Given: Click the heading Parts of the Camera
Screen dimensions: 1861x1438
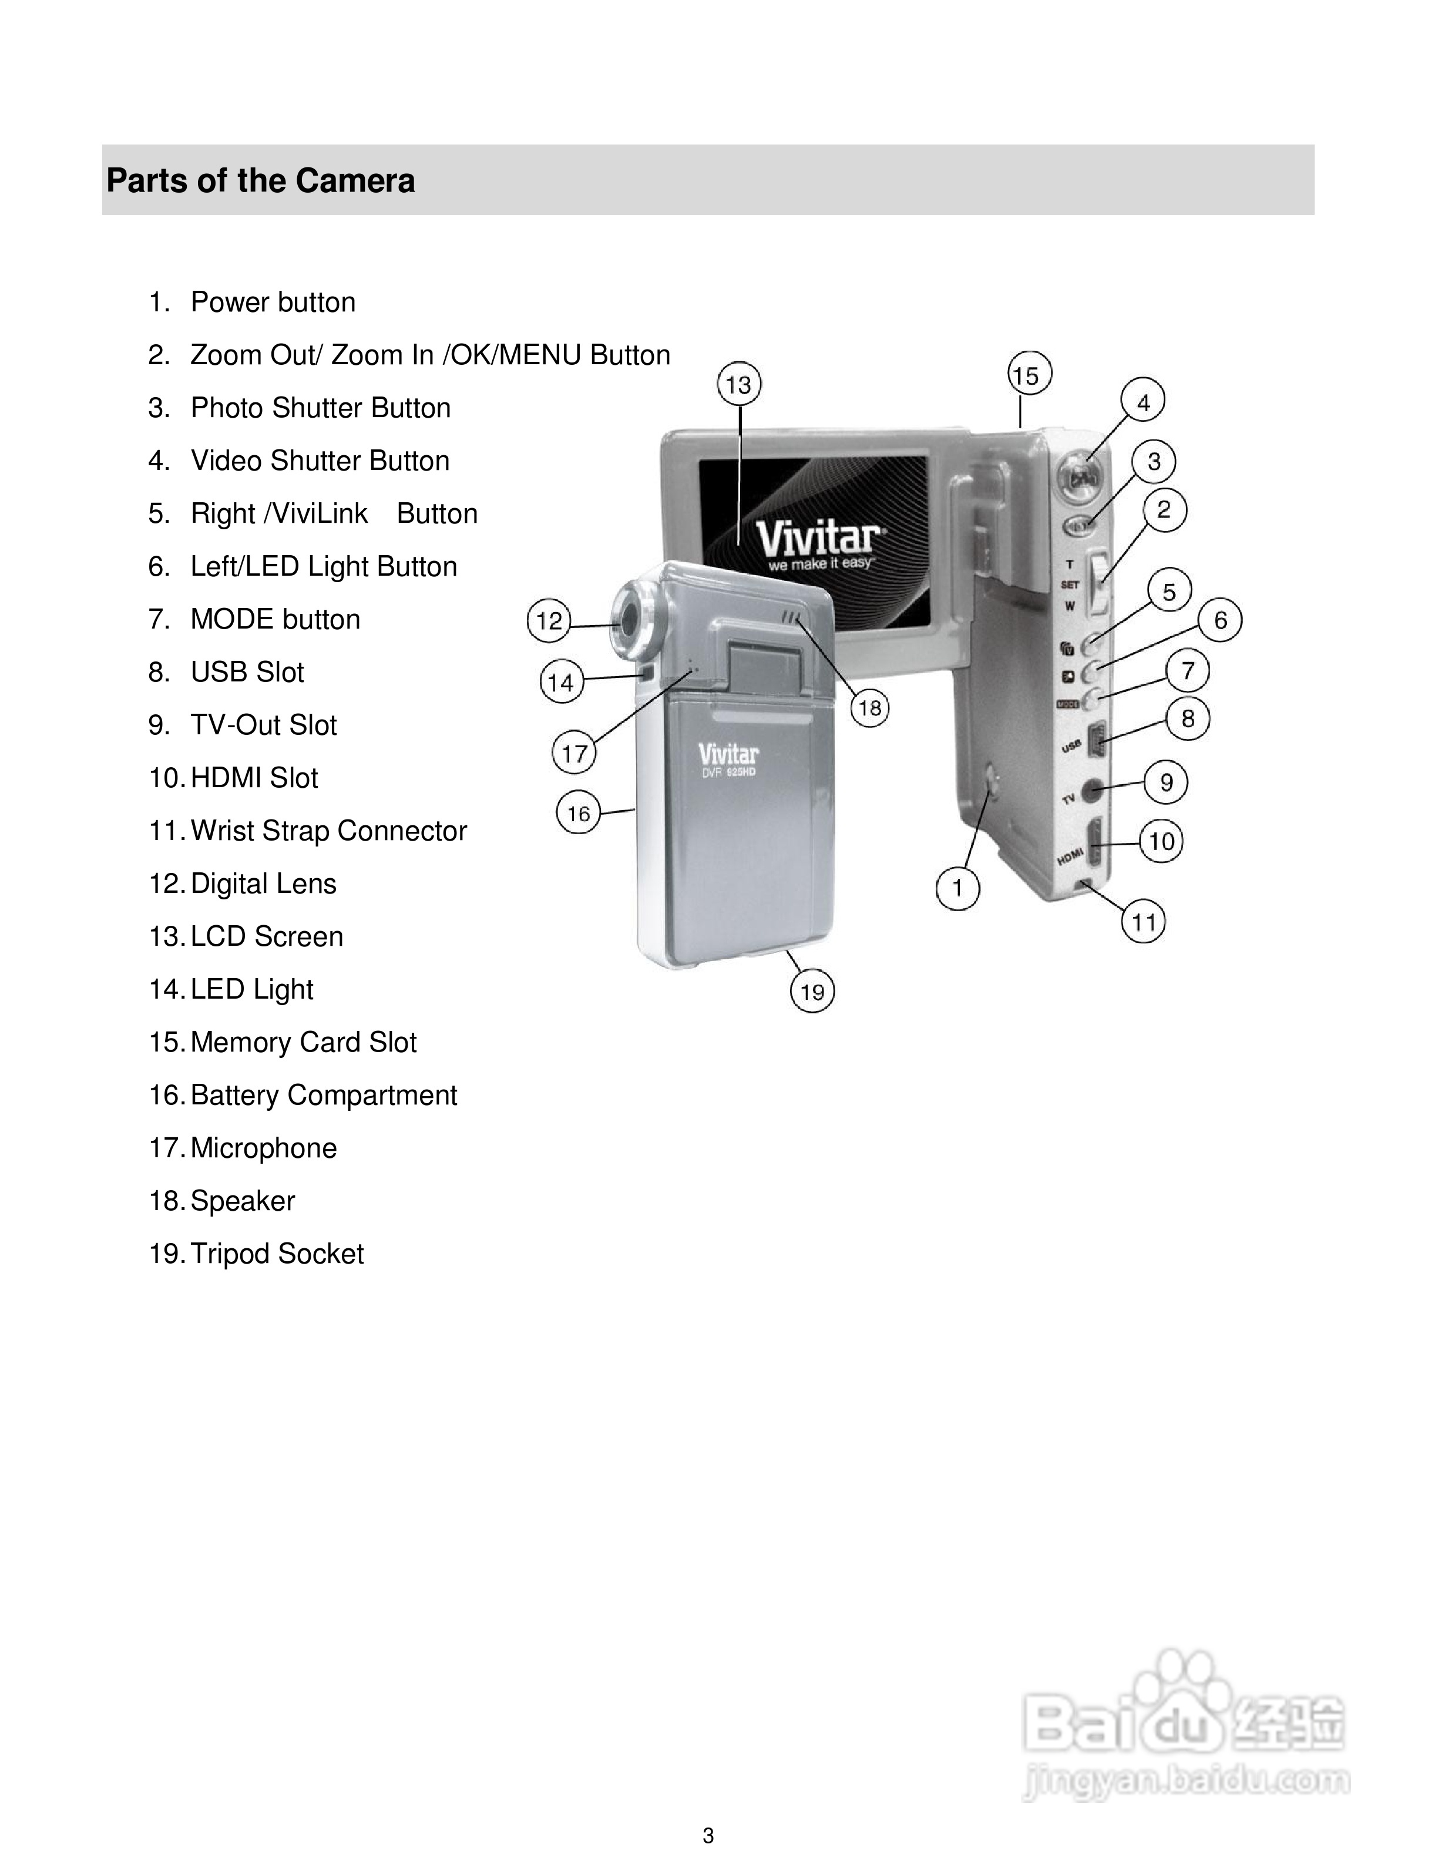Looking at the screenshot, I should click(x=261, y=181).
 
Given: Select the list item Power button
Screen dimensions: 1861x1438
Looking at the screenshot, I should click(x=273, y=303).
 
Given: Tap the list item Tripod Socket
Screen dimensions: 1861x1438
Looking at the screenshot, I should click(x=277, y=1254).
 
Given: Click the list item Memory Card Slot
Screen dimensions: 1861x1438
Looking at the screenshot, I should click(x=303, y=1042).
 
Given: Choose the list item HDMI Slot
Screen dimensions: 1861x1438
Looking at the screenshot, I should click(x=254, y=778).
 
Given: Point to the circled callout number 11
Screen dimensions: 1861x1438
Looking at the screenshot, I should click(x=1143, y=921).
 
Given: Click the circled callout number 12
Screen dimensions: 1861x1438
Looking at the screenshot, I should click(x=549, y=620).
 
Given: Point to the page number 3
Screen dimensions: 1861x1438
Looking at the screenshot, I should click(x=708, y=1836).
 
